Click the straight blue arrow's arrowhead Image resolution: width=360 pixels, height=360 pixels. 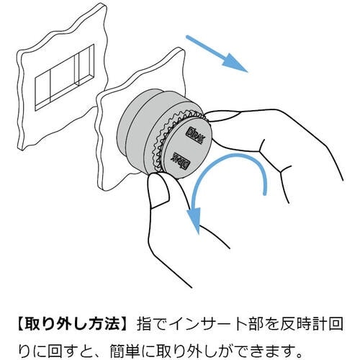(233, 63)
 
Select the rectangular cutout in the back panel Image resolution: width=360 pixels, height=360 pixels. (64, 77)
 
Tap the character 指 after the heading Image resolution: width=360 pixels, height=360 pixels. (144, 325)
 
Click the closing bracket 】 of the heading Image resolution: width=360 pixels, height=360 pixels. (126, 325)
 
